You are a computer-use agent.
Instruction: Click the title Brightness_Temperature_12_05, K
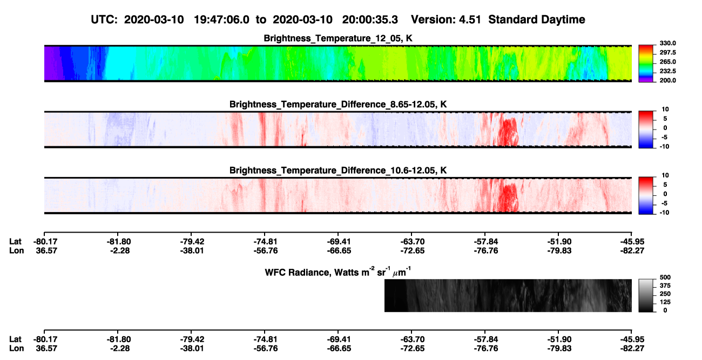point(338,38)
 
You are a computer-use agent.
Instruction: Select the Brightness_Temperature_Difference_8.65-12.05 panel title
point(338,104)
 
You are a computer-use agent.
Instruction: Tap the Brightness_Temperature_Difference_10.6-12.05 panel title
point(338,171)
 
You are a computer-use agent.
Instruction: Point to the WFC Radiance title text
point(338,271)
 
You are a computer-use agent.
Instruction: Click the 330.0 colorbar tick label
point(667,43)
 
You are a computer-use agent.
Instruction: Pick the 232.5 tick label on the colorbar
point(667,71)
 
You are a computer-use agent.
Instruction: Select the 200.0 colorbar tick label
point(667,80)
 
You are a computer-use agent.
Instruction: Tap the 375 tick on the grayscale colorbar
point(665,286)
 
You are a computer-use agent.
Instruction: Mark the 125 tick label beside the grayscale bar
point(665,302)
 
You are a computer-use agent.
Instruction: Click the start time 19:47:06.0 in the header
point(221,20)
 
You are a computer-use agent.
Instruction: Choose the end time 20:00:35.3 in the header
point(370,20)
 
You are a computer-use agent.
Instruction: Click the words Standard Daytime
point(537,20)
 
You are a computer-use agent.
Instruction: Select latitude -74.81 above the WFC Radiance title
point(265,242)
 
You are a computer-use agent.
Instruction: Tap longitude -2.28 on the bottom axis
point(120,349)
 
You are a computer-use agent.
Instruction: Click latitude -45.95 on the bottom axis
point(632,339)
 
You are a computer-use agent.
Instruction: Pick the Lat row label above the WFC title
point(15,242)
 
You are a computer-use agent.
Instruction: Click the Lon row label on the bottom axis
point(16,349)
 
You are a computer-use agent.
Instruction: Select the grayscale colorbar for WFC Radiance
point(646,295)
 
